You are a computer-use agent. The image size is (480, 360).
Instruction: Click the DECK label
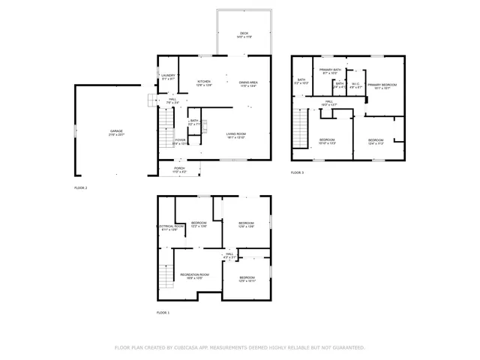[x=244, y=34]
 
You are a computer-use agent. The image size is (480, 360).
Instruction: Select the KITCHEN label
[x=204, y=82]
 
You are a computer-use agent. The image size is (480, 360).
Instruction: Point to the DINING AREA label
[x=249, y=82]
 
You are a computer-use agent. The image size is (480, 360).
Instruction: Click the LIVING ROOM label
[x=236, y=134]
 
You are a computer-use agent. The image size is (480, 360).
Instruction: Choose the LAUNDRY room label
[x=168, y=76]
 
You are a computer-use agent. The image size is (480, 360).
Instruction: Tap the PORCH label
[x=179, y=168]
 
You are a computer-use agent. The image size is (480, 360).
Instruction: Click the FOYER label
[x=180, y=139]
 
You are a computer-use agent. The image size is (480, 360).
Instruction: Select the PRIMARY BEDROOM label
[x=382, y=85]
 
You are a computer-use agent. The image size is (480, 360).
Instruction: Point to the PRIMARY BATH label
[x=330, y=70]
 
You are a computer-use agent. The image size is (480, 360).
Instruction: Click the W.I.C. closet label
[x=356, y=84]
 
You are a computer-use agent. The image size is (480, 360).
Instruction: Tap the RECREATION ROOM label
[x=194, y=274]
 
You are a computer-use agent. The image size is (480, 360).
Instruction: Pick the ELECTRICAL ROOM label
[x=169, y=226]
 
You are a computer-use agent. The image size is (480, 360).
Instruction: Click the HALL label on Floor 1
[x=229, y=255]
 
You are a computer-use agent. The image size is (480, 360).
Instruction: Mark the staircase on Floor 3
[x=300, y=129]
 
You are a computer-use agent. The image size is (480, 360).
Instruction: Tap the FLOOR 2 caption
[x=81, y=187]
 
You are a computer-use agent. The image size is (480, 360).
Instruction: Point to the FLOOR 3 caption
[x=298, y=172]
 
